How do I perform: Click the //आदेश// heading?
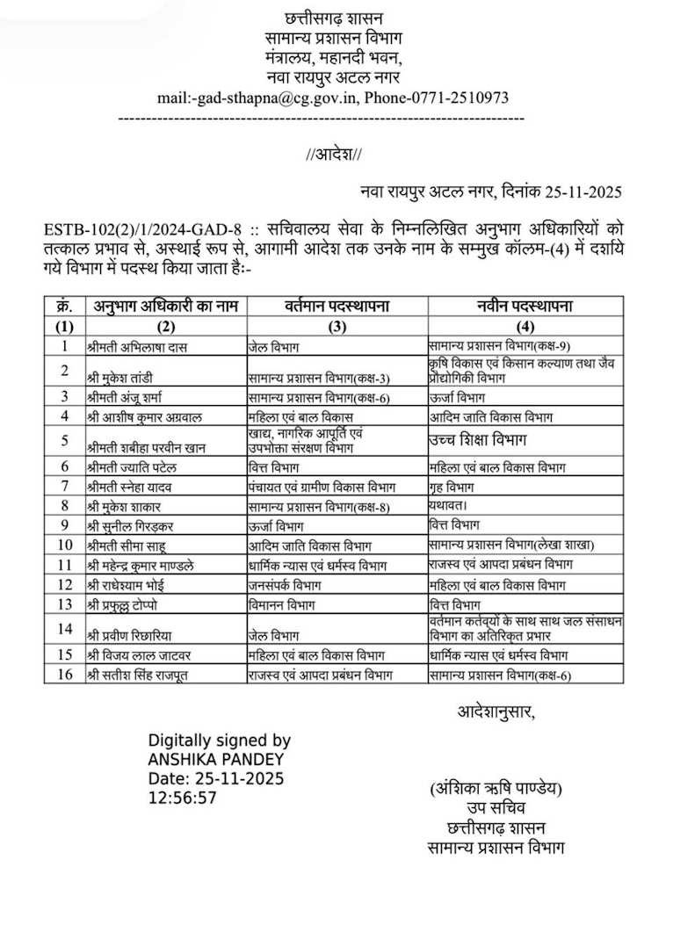334,154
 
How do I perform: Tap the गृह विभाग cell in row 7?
454,486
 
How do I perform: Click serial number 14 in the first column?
64,628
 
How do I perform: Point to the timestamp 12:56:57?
182,798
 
